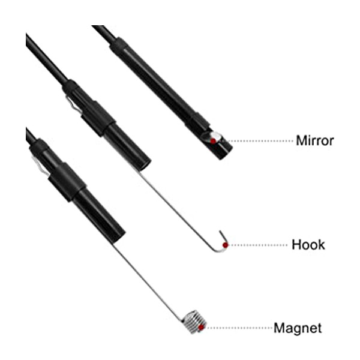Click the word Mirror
coord(315,140)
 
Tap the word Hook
coord(308,245)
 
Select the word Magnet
coord(298,328)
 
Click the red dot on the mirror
coord(213,141)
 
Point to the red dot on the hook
coord(226,245)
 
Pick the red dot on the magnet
coord(201,328)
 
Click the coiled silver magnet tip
coord(194,322)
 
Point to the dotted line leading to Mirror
coord(260,141)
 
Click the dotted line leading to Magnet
coord(239,328)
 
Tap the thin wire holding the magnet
coord(148,281)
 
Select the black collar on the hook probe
coord(99,119)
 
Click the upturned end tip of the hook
coord(220,232)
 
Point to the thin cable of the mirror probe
coord(104,34)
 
